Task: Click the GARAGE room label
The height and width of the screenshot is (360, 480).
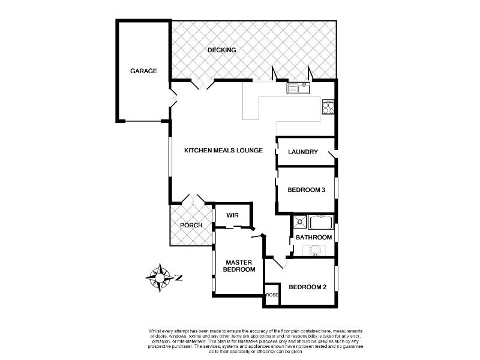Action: pyautogui.click(x=143, y=71)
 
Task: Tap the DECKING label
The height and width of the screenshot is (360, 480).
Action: pyautogui.click(x=221, y=50)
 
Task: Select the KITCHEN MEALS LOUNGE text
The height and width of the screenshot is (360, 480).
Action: pyautogui.click(x=223, y=150)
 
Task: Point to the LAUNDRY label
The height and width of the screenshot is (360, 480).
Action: pyautogui.click(x=302, y=152)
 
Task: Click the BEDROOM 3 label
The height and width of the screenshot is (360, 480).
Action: pyautogui.click(x=306, y=190)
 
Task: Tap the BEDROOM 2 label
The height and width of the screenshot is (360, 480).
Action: pyautogui.click(x=307, y=287)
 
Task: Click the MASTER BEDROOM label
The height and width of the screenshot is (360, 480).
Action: pyautogui.click(x=239, y=266)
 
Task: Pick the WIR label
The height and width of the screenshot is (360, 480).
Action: pyautogui.click(x=232, y=215)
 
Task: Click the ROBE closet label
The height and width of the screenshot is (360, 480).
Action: pyautogui.click(x=272, y=295)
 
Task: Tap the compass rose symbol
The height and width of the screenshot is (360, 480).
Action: pyautogui.click(x=160, y=277)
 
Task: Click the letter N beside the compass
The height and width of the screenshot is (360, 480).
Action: pyautogui.click(x=178, y=277)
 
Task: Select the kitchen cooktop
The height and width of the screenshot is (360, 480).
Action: pyautogui.click(x=329, y=108)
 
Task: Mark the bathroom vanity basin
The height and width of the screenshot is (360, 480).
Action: pyautogui.click(x=314, y=250)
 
